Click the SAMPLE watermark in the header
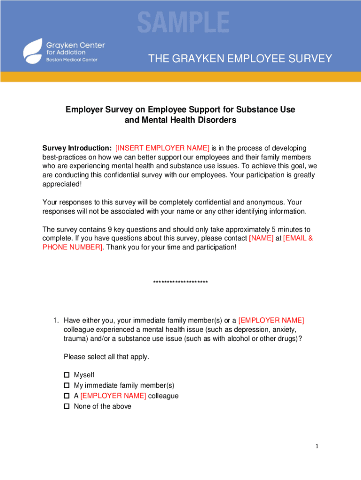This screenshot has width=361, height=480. click(x=183, y=22)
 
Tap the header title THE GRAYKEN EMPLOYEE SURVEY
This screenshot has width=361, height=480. click(x=240, y=59)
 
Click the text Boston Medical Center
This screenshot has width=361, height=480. click(x=72, y=60)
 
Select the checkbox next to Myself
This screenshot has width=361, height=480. click(x=67, y=375)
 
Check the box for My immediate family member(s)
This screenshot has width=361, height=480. click(x=67, y=385)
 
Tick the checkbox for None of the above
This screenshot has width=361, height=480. click(x=67, y=406)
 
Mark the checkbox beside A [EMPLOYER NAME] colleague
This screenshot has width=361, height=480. click(x=67, y=396)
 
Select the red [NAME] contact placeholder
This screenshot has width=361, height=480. click(x=261, y=238)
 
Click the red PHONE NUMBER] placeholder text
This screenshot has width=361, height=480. click(x=73, y=247)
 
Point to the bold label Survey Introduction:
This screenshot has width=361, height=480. click(x=77, y=148)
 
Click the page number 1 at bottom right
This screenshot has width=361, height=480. click(x=317, y=447)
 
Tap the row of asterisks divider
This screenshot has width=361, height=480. click(x=180, y=282)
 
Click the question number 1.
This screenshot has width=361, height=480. click(x=55, y=321)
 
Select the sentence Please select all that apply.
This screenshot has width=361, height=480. click(x=106, y=357)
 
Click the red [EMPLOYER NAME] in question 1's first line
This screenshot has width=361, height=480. click(x=271, y=321)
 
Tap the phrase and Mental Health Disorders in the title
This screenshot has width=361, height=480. click(x=180, y=120)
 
